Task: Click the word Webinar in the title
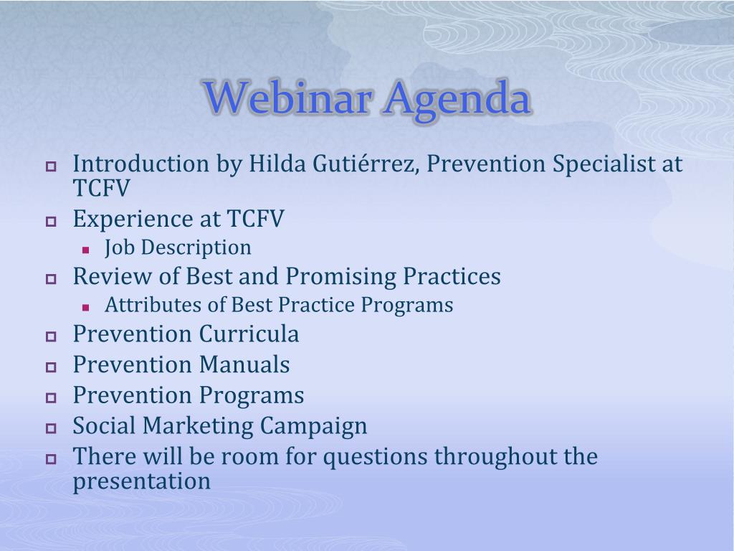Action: [x=288, y=98]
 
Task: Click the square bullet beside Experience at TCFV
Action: [x=51, y=221]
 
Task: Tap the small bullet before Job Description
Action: [x=85, y=250]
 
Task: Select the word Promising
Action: [x=340, y=277]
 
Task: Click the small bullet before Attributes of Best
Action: [x=85, y=308]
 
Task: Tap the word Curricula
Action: [x=249, y=334]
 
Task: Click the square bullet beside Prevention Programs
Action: [x=51, y=397]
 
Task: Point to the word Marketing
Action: [x=198, y=426]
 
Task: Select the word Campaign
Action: [x=313, y=427]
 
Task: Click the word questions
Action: [x=375, y=457]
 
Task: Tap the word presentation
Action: [x=142, y=481]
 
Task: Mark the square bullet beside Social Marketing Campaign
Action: [x=51, y=428]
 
